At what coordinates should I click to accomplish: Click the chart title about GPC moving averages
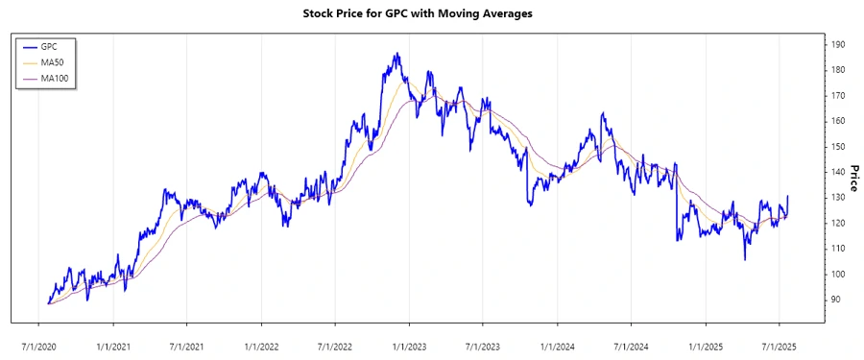[431, 13]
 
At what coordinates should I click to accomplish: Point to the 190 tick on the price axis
[838, 45]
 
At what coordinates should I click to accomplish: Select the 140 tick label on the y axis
[838, 172]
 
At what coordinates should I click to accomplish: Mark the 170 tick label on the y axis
[838, 96]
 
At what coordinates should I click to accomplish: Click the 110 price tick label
[838, 249]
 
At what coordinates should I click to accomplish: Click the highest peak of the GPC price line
[396, 54]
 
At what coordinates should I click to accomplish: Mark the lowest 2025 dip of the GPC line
[745, 258]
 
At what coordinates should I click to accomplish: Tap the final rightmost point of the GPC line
[788, 197]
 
